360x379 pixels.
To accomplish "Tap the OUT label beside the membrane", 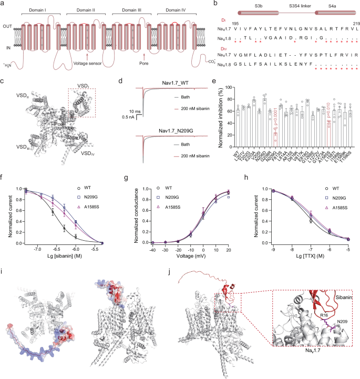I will click(x=7, y=26).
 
